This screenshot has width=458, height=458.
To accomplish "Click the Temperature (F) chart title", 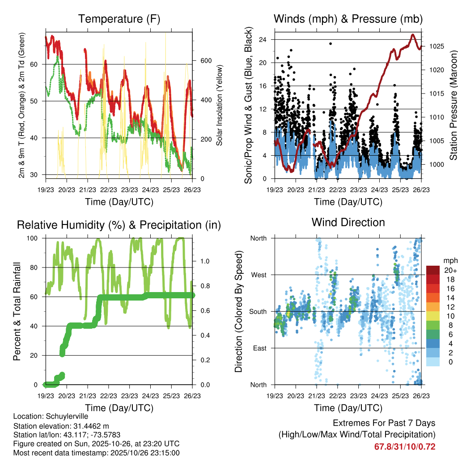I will coord(119,19).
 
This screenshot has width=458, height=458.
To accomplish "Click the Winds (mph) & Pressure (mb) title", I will coord(348,19).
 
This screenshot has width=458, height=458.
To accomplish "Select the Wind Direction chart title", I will coord(348,222).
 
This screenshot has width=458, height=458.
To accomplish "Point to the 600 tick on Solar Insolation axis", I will coord(205,61).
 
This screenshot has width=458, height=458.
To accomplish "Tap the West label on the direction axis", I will coord(258,275).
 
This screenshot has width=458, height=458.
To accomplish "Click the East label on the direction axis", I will coord(259,348).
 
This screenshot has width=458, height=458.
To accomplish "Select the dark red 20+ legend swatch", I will coord(433,270).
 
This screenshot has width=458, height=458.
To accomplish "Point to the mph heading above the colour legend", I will coord(449,260).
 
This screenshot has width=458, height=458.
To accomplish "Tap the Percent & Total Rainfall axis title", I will coord(17,312).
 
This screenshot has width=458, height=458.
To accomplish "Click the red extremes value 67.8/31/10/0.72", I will coord(405,447).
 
